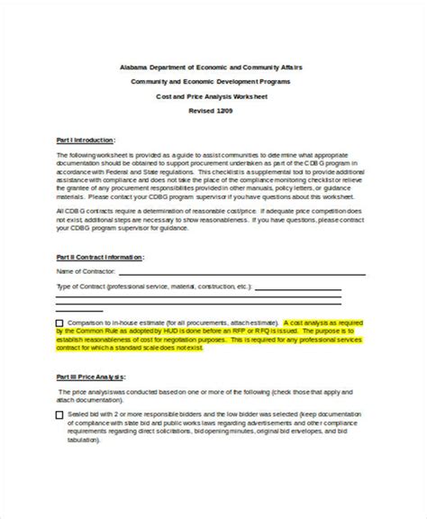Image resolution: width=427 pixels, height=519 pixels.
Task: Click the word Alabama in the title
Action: click(135, 66)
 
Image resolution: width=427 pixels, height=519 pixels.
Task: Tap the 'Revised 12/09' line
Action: click(213, 109)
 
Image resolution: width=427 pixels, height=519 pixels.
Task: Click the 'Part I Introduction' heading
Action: click(86, 140)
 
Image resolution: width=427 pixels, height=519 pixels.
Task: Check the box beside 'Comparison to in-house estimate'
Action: click(59, 323)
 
